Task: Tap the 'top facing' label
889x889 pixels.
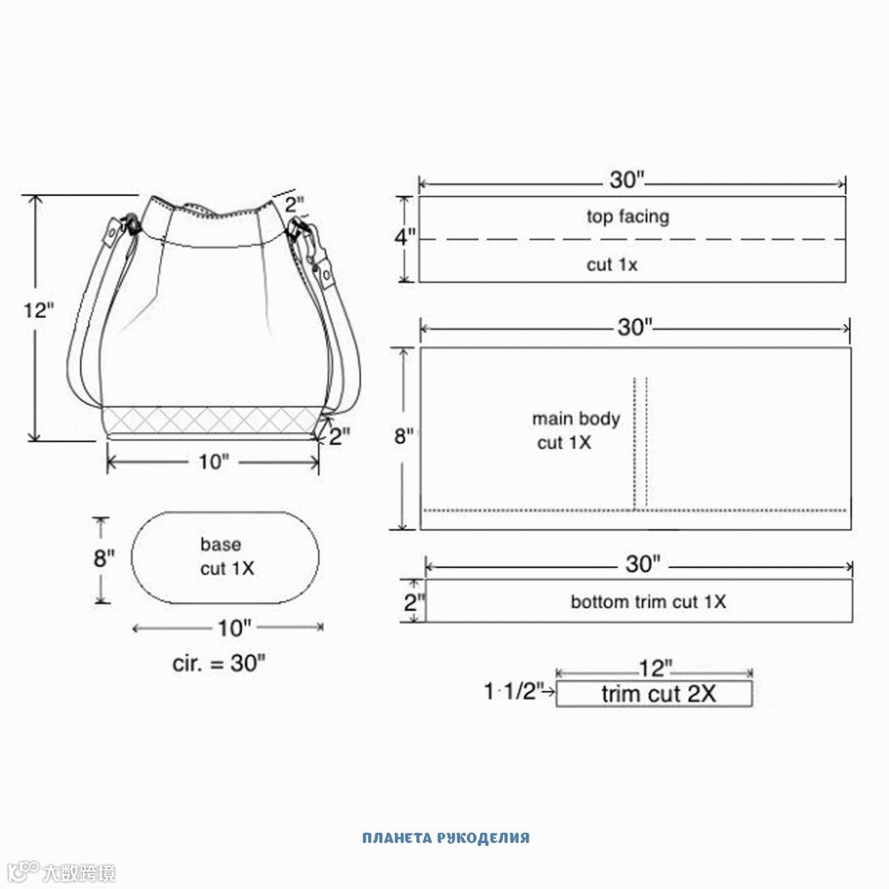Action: [627, 216]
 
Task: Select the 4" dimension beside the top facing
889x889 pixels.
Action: [405, 236]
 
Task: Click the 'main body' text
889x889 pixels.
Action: [575, 419]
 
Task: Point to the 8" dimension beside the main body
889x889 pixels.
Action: [404, 436]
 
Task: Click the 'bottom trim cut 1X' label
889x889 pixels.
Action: [648, 602]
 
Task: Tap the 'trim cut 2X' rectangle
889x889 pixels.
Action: [654, 694]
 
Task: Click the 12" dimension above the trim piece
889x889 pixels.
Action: [655, 668]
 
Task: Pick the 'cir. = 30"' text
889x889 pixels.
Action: [219, 663]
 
